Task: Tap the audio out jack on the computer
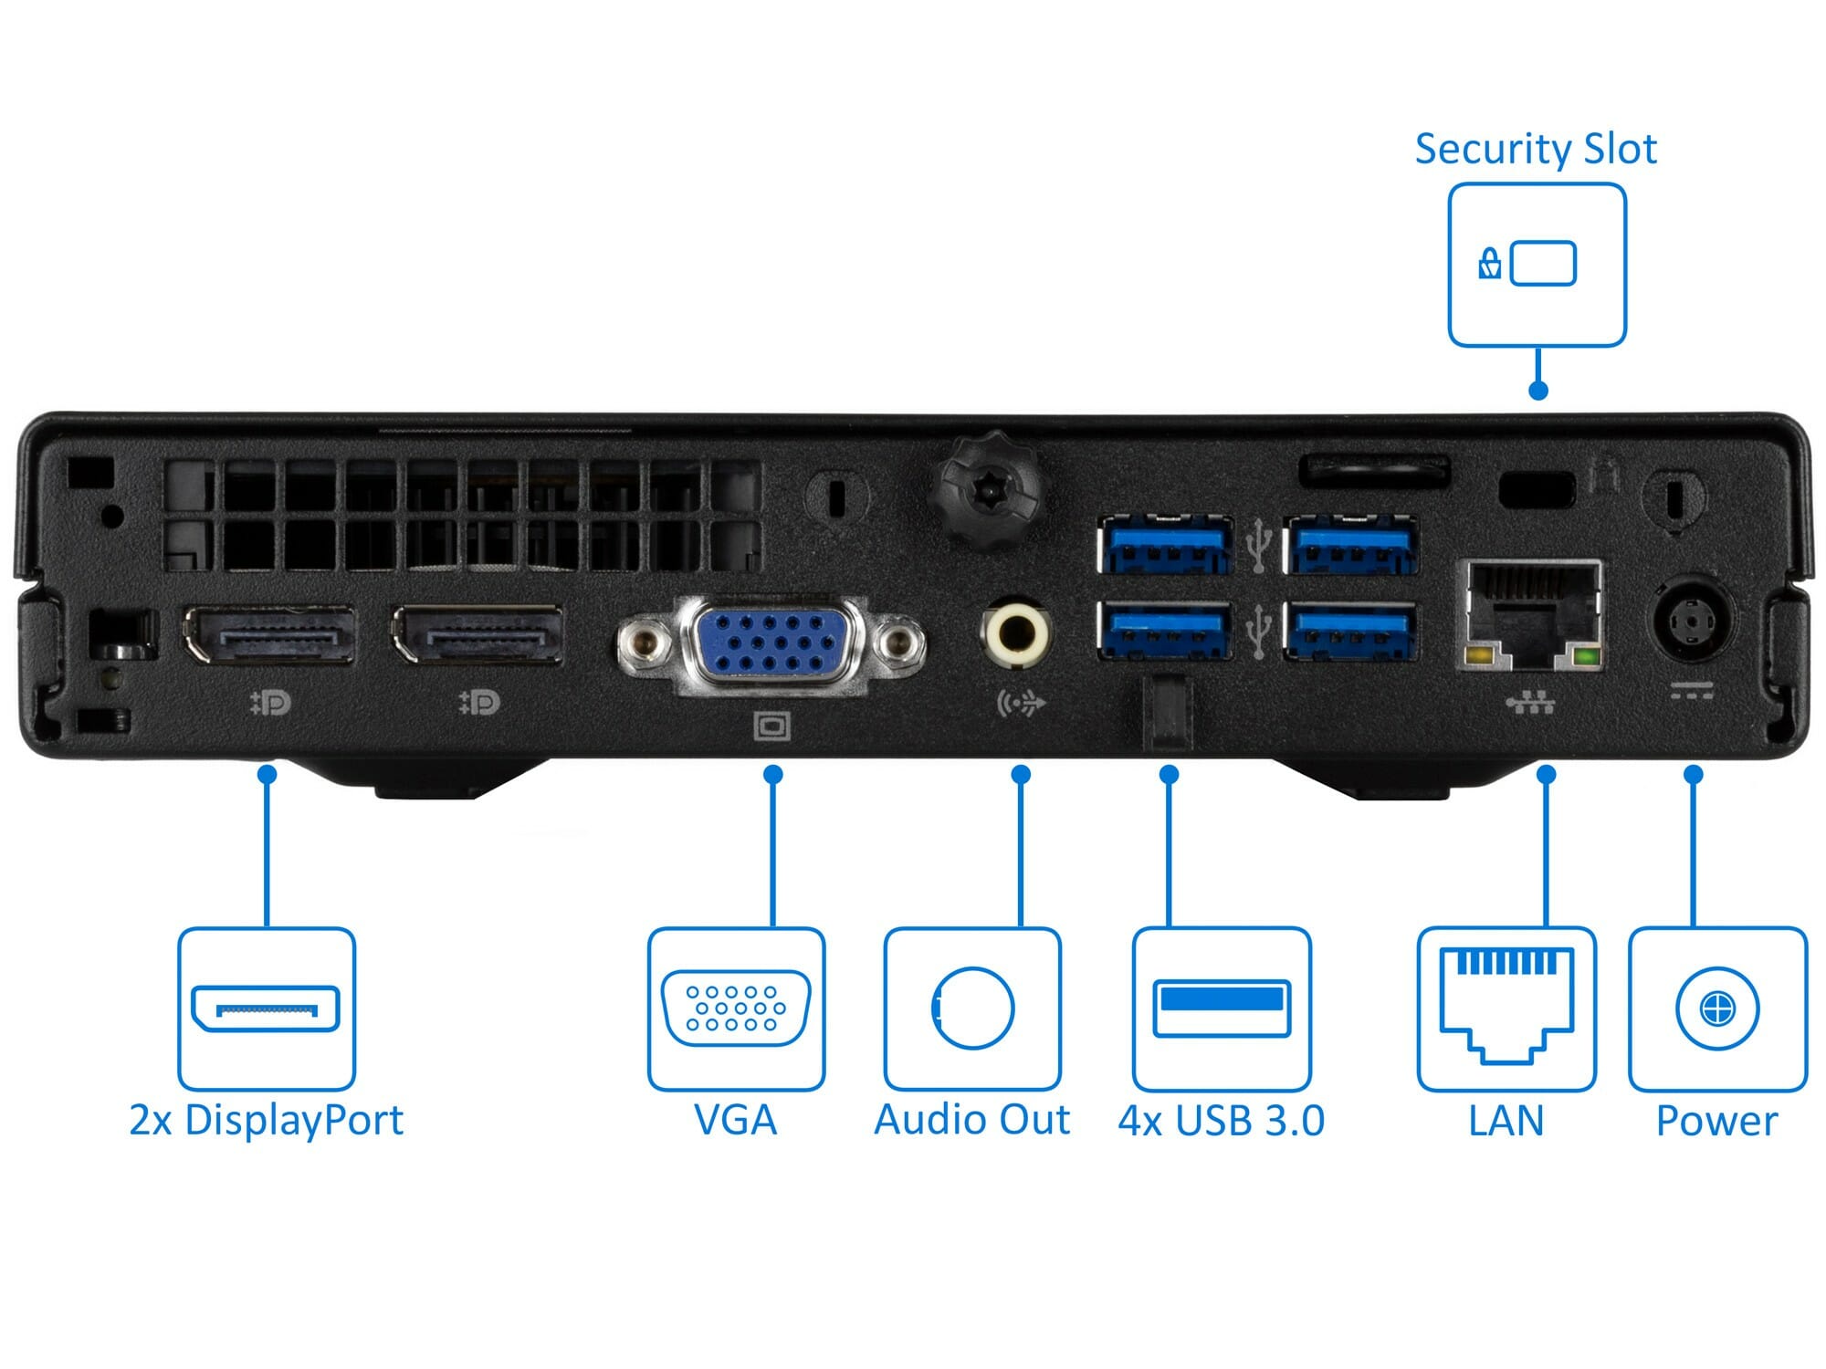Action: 1015,631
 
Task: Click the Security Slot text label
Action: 1536,149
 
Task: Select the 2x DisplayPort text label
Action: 266,1120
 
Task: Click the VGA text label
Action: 735,1120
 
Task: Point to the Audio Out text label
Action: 971,1120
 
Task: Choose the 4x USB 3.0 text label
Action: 1222,1121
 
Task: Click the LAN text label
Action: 1506,1121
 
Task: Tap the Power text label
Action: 1716,1121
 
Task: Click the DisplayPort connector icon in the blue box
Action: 266,1008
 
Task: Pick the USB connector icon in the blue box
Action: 1222,1008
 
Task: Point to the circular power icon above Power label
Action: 1717,1009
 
